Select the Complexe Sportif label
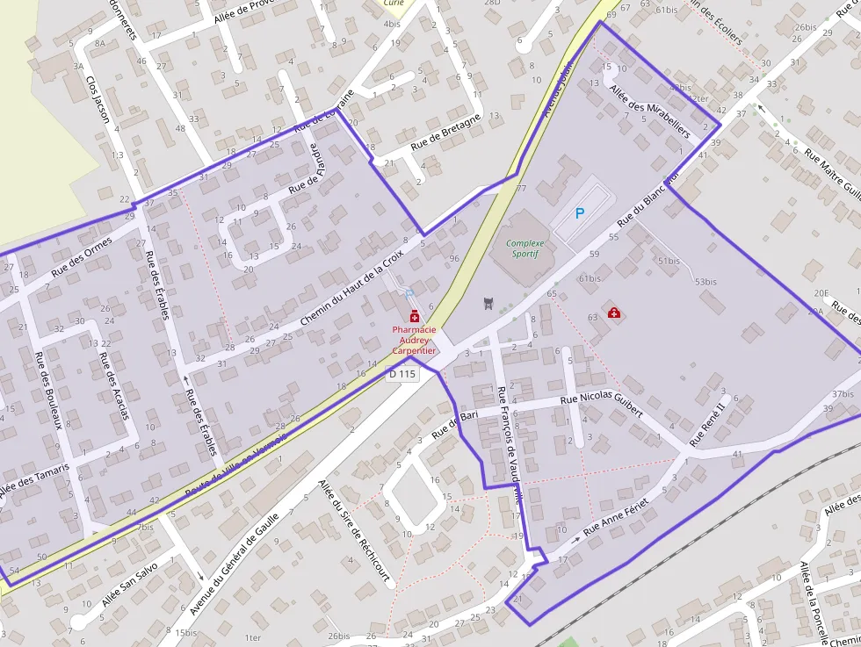525,248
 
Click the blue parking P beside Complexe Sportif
579,213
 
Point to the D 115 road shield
402,374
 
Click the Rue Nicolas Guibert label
601,405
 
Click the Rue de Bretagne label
445,131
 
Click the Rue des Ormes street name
82,257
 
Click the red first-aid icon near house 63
614,313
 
